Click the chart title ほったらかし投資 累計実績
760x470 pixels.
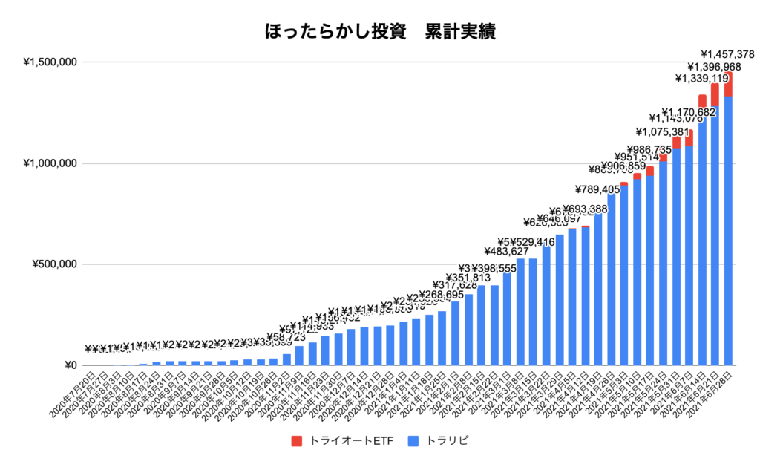pyautogui.click(x=379, y=33)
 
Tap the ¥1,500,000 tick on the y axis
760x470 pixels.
pyautogui.click(x=51, y=62)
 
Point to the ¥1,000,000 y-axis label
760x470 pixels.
pyautogui.click(x=51, y=163)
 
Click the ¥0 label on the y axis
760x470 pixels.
pyautogui.click(x=71, y=365)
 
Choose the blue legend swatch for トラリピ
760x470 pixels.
pyautogui.click(x=413, y=441)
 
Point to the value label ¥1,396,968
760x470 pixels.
pyautogui.click(x=714, y=67)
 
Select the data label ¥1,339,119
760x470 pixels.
pyautogui.click(x=701, y=79)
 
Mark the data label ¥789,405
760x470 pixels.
pyautogui.click(x=598, y=189)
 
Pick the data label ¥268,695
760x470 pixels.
pyautogui.click(x=442, y=295)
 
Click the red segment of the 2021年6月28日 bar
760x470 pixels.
pyautogui.click(x=728, y=83)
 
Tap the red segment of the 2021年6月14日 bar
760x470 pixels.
pyautogui.click(x=702, y=100)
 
